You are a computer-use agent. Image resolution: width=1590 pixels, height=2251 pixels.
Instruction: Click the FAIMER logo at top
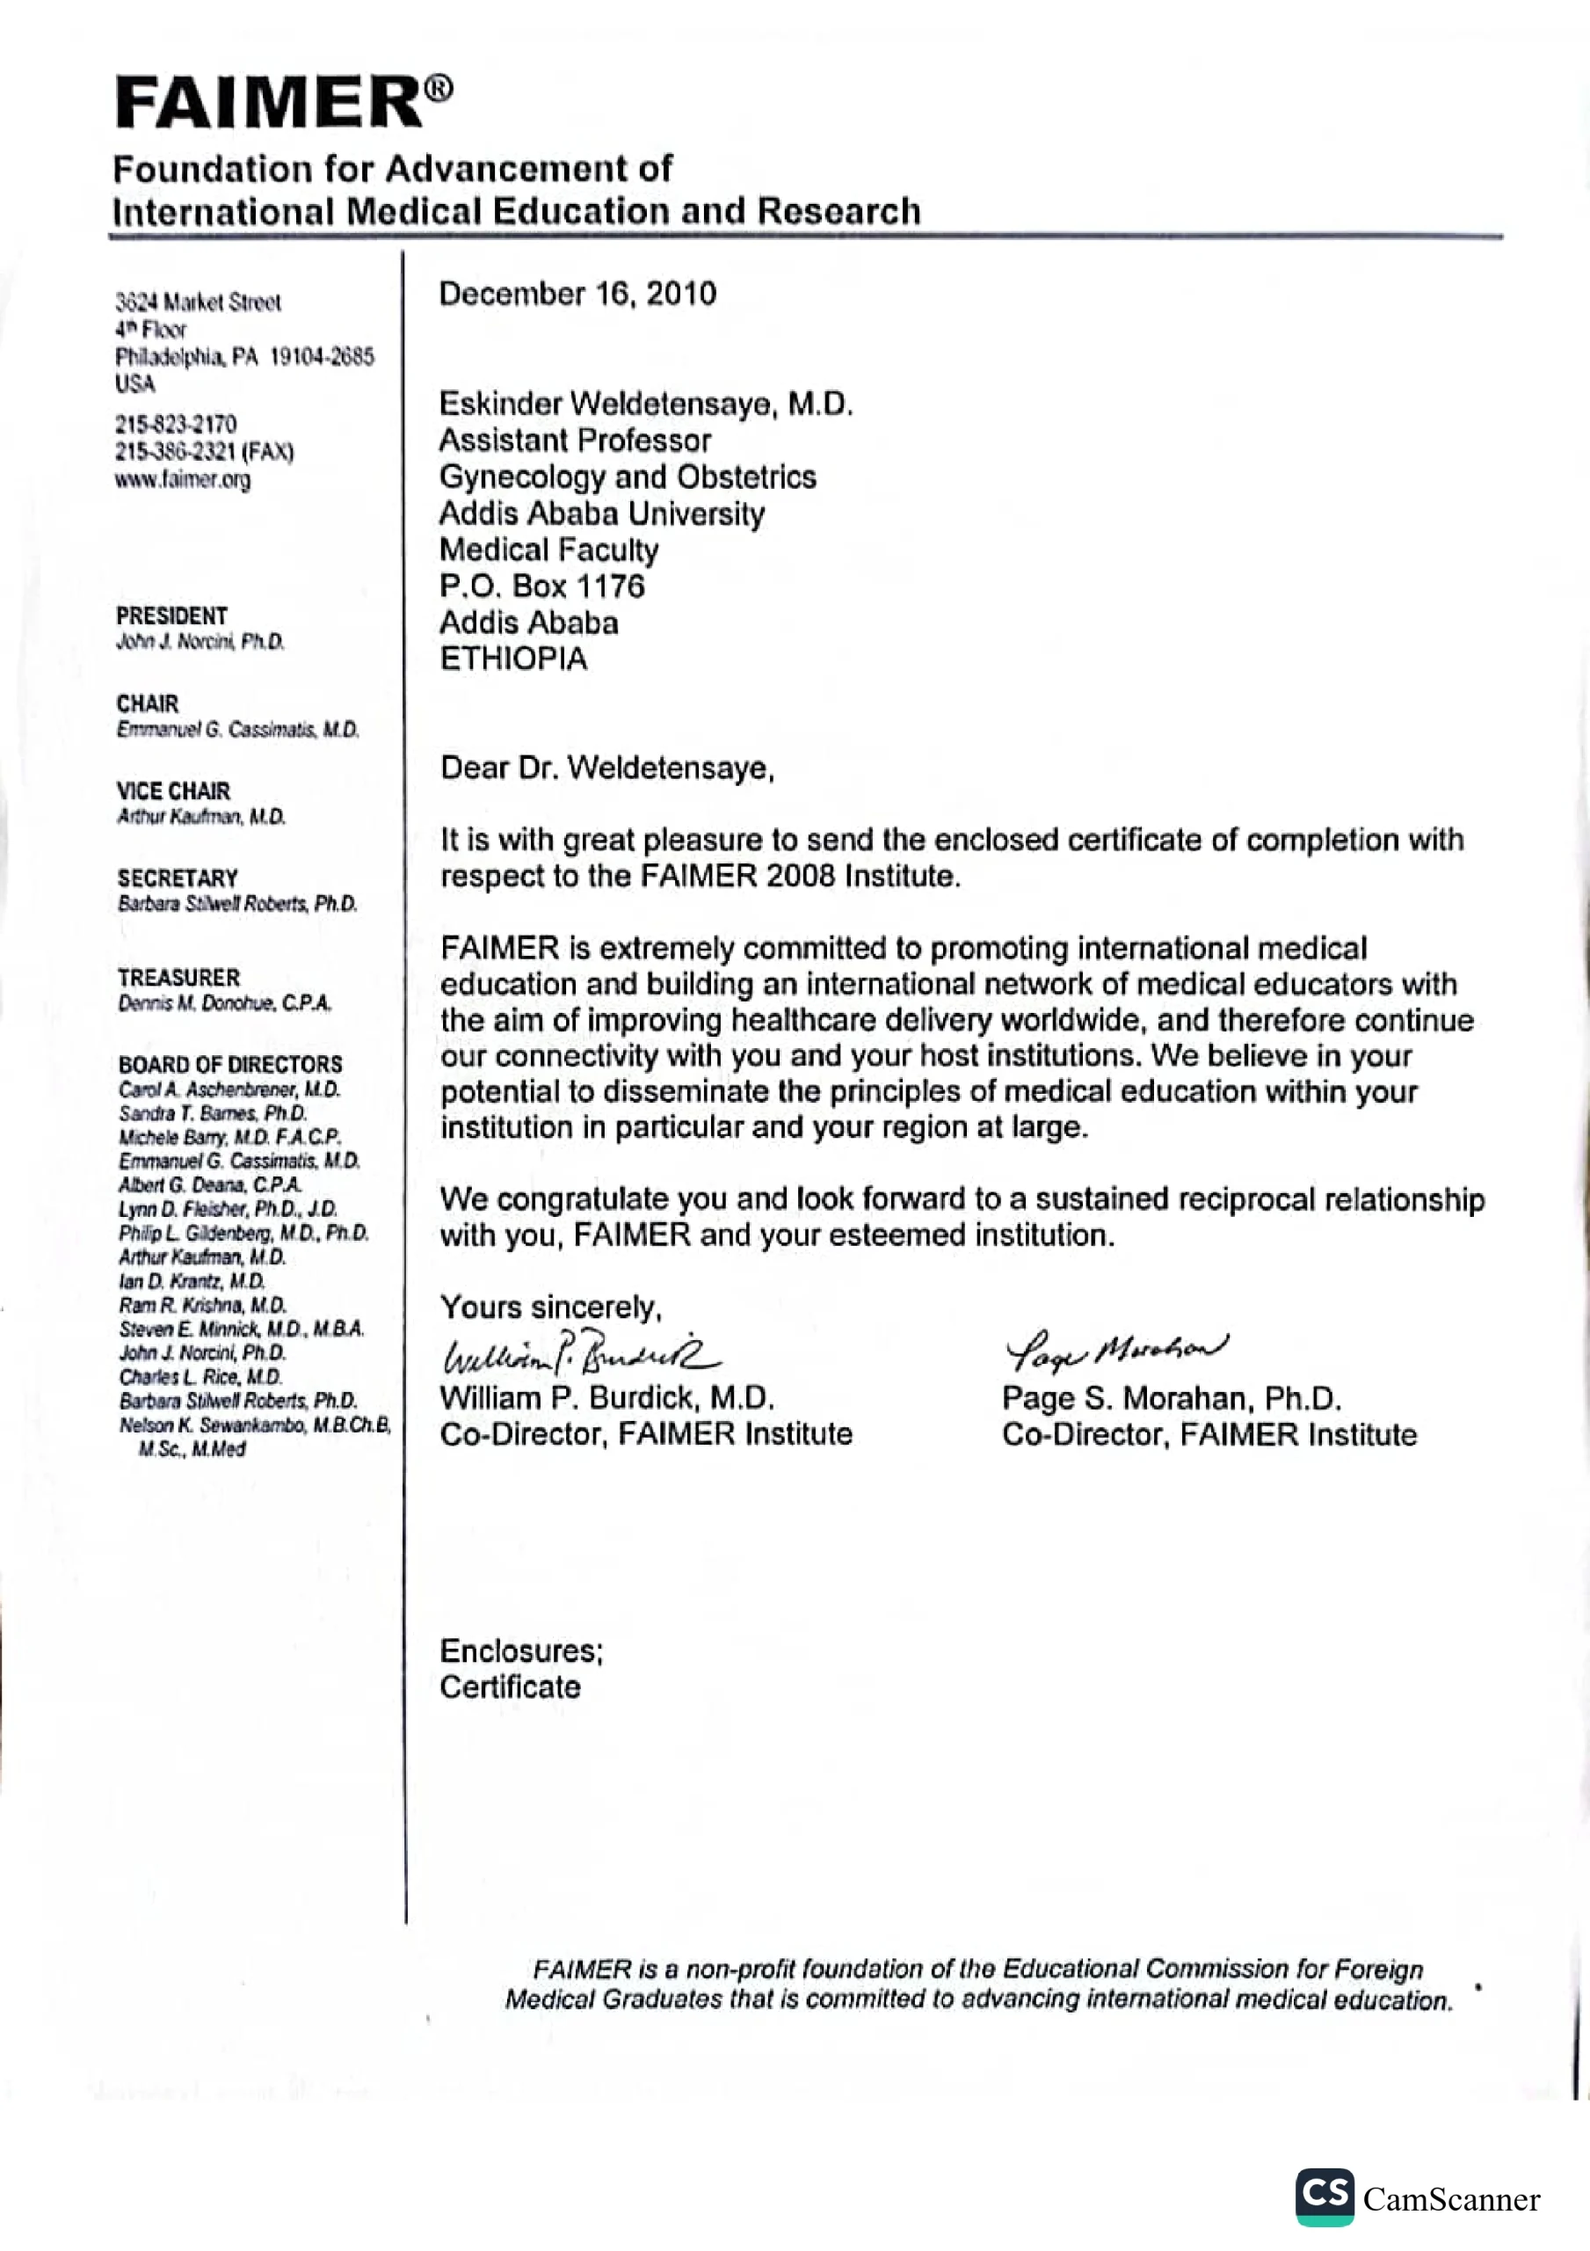click(x=282, y=102)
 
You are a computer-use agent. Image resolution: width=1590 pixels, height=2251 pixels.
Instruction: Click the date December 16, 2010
click(x=577, y=293)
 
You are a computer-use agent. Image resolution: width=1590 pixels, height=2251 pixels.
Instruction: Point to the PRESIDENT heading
click(x=171, y=616)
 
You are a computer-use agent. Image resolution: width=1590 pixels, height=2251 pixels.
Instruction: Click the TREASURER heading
click(x=178, y=978)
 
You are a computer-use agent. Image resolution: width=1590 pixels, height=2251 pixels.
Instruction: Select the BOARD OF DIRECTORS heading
click(x=230, y=1064)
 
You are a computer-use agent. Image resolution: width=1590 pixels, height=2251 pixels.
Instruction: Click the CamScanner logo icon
click(x=1325, y=2196)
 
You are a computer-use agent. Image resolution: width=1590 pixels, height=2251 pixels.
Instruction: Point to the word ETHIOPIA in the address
click(x=512, y=659)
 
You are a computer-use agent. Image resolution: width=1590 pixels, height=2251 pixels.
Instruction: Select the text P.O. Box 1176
click(x=541, y=586)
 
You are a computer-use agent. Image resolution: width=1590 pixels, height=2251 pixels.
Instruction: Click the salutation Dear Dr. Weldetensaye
click(x=606, y=768)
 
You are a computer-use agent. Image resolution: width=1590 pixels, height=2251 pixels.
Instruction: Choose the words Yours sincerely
click(x=551, y=1307)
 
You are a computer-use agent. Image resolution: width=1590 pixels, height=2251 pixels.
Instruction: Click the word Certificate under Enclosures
click(x=510, y=1686)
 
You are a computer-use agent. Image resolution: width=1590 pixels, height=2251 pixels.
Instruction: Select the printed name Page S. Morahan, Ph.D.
click(x=1172, y=1398)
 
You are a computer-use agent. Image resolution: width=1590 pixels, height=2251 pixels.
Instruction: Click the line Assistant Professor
click(x=575, y=441)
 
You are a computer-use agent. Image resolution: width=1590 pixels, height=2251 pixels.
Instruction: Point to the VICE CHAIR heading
click(x=173, y=791)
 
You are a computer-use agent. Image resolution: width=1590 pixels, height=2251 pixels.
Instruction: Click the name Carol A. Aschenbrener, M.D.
click(x=229, y=1089)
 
